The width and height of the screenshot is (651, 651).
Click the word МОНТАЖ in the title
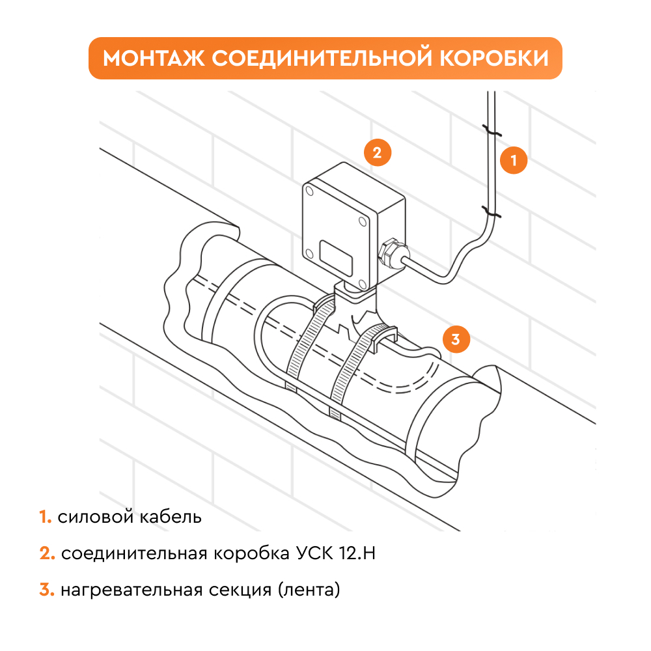[154, 58]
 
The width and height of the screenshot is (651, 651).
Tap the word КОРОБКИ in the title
[494, 58]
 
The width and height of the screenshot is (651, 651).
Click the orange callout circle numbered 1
[514, 160]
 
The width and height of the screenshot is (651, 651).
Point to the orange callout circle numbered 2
[378, 153]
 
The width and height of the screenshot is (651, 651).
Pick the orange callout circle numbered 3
[456, 339]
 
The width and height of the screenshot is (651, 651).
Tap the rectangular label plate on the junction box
[336, 257]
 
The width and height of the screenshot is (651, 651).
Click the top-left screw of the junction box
[309, 191]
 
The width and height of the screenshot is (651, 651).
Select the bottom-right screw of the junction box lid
[363, 284]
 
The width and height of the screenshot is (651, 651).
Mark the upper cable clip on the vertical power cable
[491, 130]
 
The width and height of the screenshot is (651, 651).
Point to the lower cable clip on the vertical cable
[491, 212]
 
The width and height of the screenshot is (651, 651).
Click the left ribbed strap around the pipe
[309, 344]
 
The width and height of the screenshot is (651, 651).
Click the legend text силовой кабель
[130, 517]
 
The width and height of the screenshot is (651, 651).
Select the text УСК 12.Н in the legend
[336, 553]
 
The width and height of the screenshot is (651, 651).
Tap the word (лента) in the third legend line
[309, 590]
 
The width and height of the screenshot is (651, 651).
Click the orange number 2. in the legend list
[48, 553]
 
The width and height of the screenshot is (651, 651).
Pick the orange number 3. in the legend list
[47, 590]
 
